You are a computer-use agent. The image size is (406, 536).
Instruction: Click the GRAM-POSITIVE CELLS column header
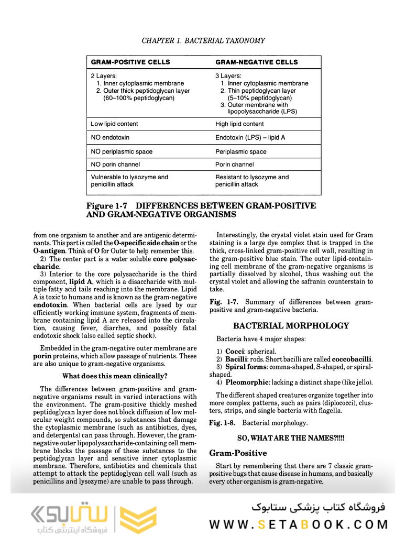130,62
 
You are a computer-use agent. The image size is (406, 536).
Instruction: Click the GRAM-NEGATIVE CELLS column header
256,62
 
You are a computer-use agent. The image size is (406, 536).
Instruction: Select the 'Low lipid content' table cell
114,124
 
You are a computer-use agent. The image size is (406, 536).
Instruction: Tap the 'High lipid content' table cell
239,124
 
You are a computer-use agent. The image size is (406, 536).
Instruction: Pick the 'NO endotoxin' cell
110,138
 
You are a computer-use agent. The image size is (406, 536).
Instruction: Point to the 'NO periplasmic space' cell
122,152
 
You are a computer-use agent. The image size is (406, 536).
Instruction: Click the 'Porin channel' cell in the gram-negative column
235,165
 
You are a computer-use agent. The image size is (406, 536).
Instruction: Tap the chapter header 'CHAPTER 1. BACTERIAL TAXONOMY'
203,40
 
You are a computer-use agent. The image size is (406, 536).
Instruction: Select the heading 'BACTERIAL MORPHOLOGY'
291,326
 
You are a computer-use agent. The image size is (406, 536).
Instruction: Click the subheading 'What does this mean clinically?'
115,376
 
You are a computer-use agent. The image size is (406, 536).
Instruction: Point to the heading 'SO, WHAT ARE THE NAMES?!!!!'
291,437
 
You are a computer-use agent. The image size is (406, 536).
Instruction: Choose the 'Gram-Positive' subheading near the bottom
238,453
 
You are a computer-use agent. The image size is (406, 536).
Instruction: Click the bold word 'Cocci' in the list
235,351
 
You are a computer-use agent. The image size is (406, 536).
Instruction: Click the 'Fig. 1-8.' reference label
223,423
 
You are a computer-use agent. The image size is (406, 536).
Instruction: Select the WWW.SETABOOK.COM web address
299,524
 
